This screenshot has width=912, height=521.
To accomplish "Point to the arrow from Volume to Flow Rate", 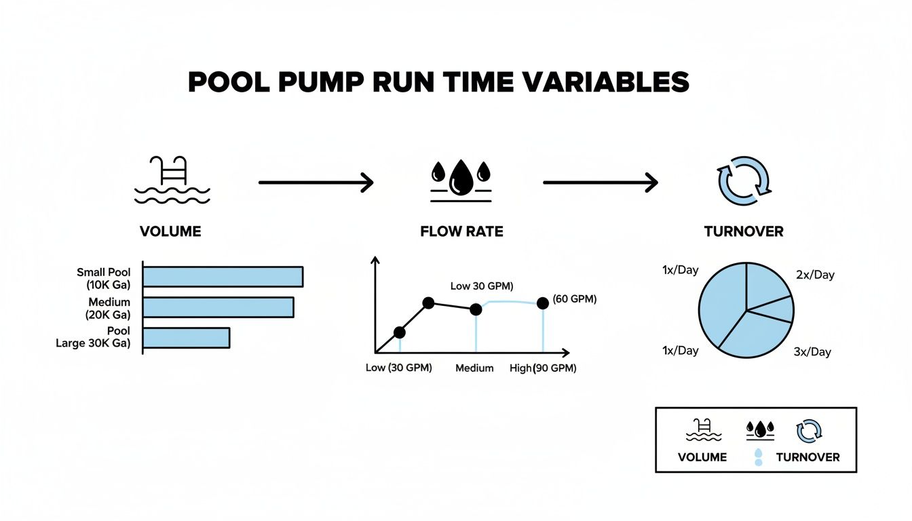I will [316, 182].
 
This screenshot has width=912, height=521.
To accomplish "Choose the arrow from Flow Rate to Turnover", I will [601, 182].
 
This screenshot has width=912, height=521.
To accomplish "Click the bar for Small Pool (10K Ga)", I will [223, 277].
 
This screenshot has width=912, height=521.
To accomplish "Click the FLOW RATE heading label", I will [461, 231].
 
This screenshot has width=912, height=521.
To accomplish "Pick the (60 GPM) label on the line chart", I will [574, 299].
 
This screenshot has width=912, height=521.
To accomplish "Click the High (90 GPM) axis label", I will [542, 368].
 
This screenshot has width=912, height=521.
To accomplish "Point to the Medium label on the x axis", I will [474, 368].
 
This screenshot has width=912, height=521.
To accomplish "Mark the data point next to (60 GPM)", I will [542, 303].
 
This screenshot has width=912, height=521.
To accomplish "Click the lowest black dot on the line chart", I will [399, 332].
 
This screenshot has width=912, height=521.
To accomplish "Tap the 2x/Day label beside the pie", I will [814, 275].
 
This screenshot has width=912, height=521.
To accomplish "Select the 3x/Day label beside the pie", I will [812, 352].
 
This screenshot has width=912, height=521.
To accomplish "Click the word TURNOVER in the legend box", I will [807, 457].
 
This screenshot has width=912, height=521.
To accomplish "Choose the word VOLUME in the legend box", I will [702, 457].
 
